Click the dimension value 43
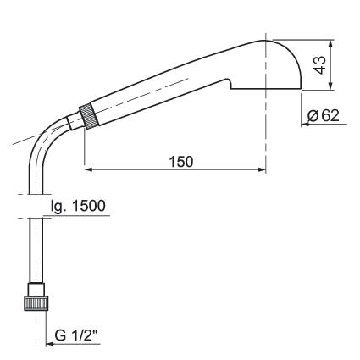coord(320,65)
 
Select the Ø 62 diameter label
coord(324,115)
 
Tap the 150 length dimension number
coord(181,162)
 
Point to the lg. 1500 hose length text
coord(78,207)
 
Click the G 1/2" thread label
coord(76,335)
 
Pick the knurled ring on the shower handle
coord(89,116)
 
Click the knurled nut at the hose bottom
coord(36,303)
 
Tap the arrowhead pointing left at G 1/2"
coord(50,344)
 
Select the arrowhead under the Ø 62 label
coord(306,124)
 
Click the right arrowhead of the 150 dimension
coord(262,169)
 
